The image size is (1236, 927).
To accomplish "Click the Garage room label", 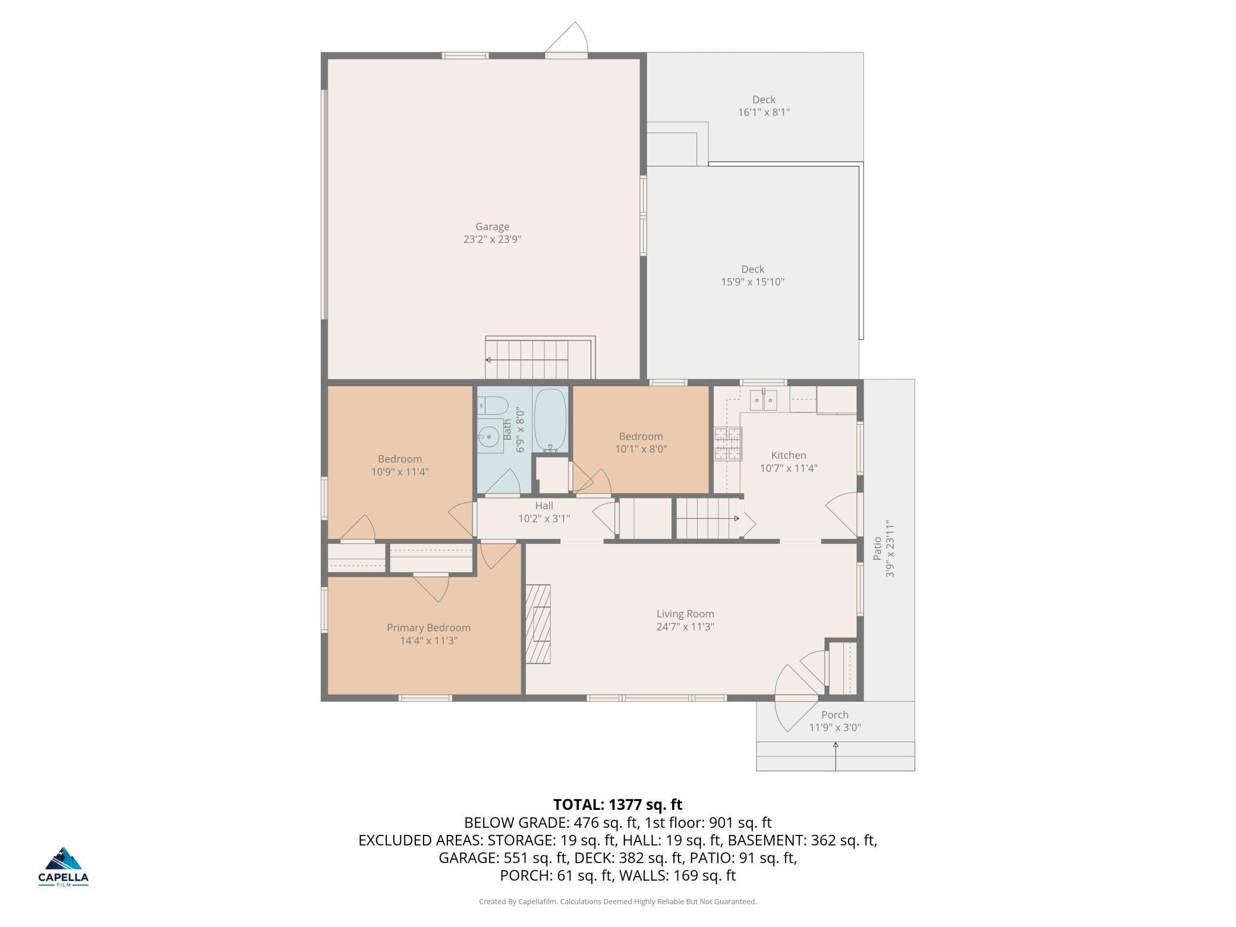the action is point(492,226).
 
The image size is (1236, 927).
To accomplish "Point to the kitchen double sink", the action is point(763,400).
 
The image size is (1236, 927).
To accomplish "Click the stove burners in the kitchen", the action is point(728,444).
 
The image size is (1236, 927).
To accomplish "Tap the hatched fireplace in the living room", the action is point(538,624).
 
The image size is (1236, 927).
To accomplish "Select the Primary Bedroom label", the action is point(428,628).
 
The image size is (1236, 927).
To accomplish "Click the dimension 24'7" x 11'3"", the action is point(685,626).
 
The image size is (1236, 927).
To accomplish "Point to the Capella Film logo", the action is point(64,866).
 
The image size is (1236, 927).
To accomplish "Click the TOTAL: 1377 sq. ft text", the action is point(618,805).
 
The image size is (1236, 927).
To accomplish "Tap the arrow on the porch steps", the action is point(835,756).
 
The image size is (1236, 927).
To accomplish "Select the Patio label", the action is point(877,548).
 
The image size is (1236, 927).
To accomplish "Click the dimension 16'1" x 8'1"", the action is point(764,112).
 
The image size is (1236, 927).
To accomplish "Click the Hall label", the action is point(544,506).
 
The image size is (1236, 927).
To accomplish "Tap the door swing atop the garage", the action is point(567,39).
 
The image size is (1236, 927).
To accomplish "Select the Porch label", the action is point(835,715).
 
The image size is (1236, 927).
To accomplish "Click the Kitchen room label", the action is point(789,455).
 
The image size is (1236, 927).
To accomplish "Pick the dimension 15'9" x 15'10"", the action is point(753,282).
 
